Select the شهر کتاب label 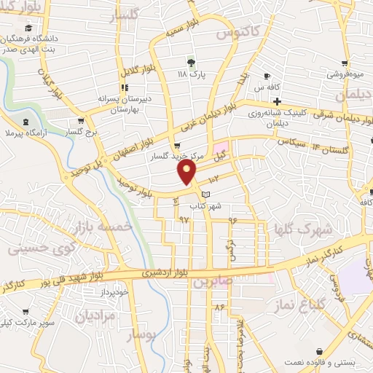[x=204, y=206]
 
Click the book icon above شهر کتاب [x=206, y=195]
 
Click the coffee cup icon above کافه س [x=267, y=76]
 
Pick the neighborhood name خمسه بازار [x=103, y=227]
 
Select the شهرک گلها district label [x=303, y=229]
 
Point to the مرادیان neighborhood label [x=95, y=315]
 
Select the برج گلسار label [x=81, y=133]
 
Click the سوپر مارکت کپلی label [x=26, y=322]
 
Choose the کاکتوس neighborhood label [x=234, y=33]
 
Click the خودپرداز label [x=114, y=291]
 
